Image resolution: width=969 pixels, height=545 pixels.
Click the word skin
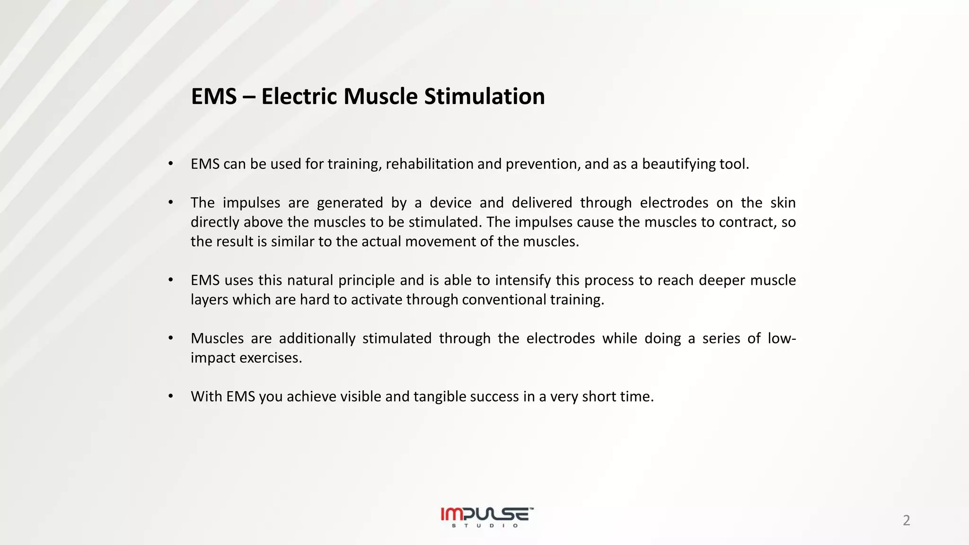tap(783, 203)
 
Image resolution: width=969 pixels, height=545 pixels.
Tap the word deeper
tap(721, 281)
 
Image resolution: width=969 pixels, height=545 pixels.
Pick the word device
tap(450, 203)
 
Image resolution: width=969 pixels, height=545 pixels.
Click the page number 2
tap(906, 520)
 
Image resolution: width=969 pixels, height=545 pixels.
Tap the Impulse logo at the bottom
tap(487, 514)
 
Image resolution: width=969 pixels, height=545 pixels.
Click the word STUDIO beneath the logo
tap(485, 526)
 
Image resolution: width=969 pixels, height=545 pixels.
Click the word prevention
tap(542, 164)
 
